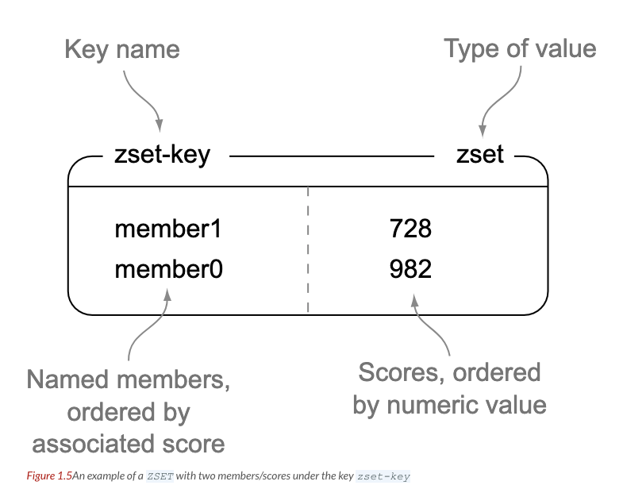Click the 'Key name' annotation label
pos(121,51)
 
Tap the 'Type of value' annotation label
pos(520,49)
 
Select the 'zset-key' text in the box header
pos(163,153)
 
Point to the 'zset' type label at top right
pos(480,153)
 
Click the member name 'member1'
pos(168,229)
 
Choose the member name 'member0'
pos(168,270)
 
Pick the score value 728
pos(410,229)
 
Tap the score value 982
pos(410,270)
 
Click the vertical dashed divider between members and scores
pos(308,246)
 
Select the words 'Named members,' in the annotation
pos(129,379)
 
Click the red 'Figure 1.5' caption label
pos(48,476)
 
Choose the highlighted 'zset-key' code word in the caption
pos(383,476)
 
